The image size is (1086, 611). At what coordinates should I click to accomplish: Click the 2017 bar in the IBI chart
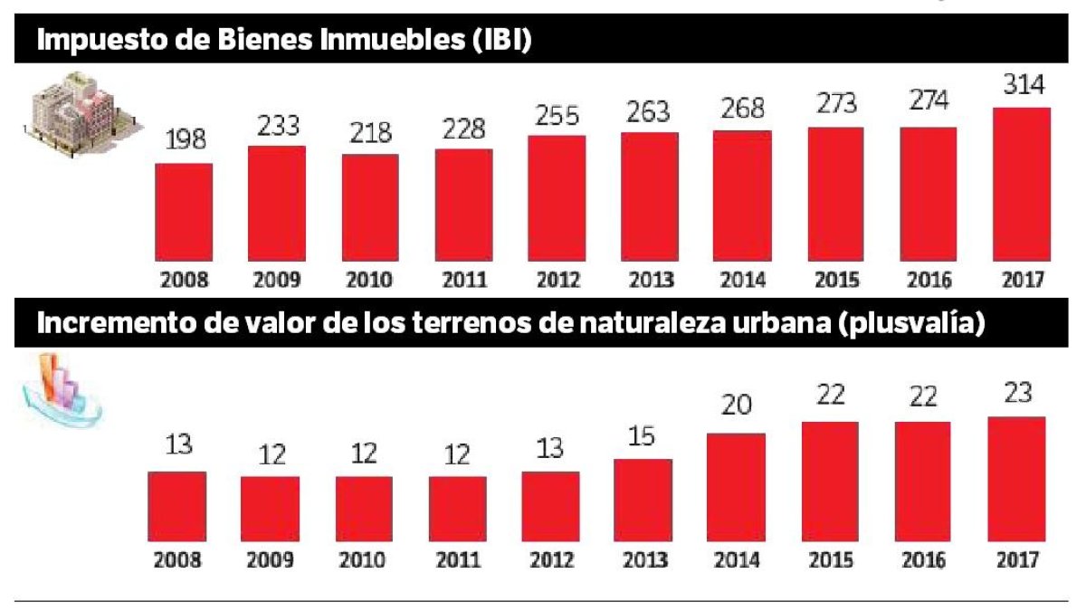(x=1021, y=185)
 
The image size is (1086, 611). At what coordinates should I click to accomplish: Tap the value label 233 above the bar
(x=277, y=128)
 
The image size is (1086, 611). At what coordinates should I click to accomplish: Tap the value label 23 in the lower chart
(x=1016, y=396)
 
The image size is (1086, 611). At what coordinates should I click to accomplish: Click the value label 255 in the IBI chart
(x=557, y=115)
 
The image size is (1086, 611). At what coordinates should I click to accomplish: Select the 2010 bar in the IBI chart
(x=370, y=207)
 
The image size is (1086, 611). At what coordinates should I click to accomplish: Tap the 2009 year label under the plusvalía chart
(x=271, y=559)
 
